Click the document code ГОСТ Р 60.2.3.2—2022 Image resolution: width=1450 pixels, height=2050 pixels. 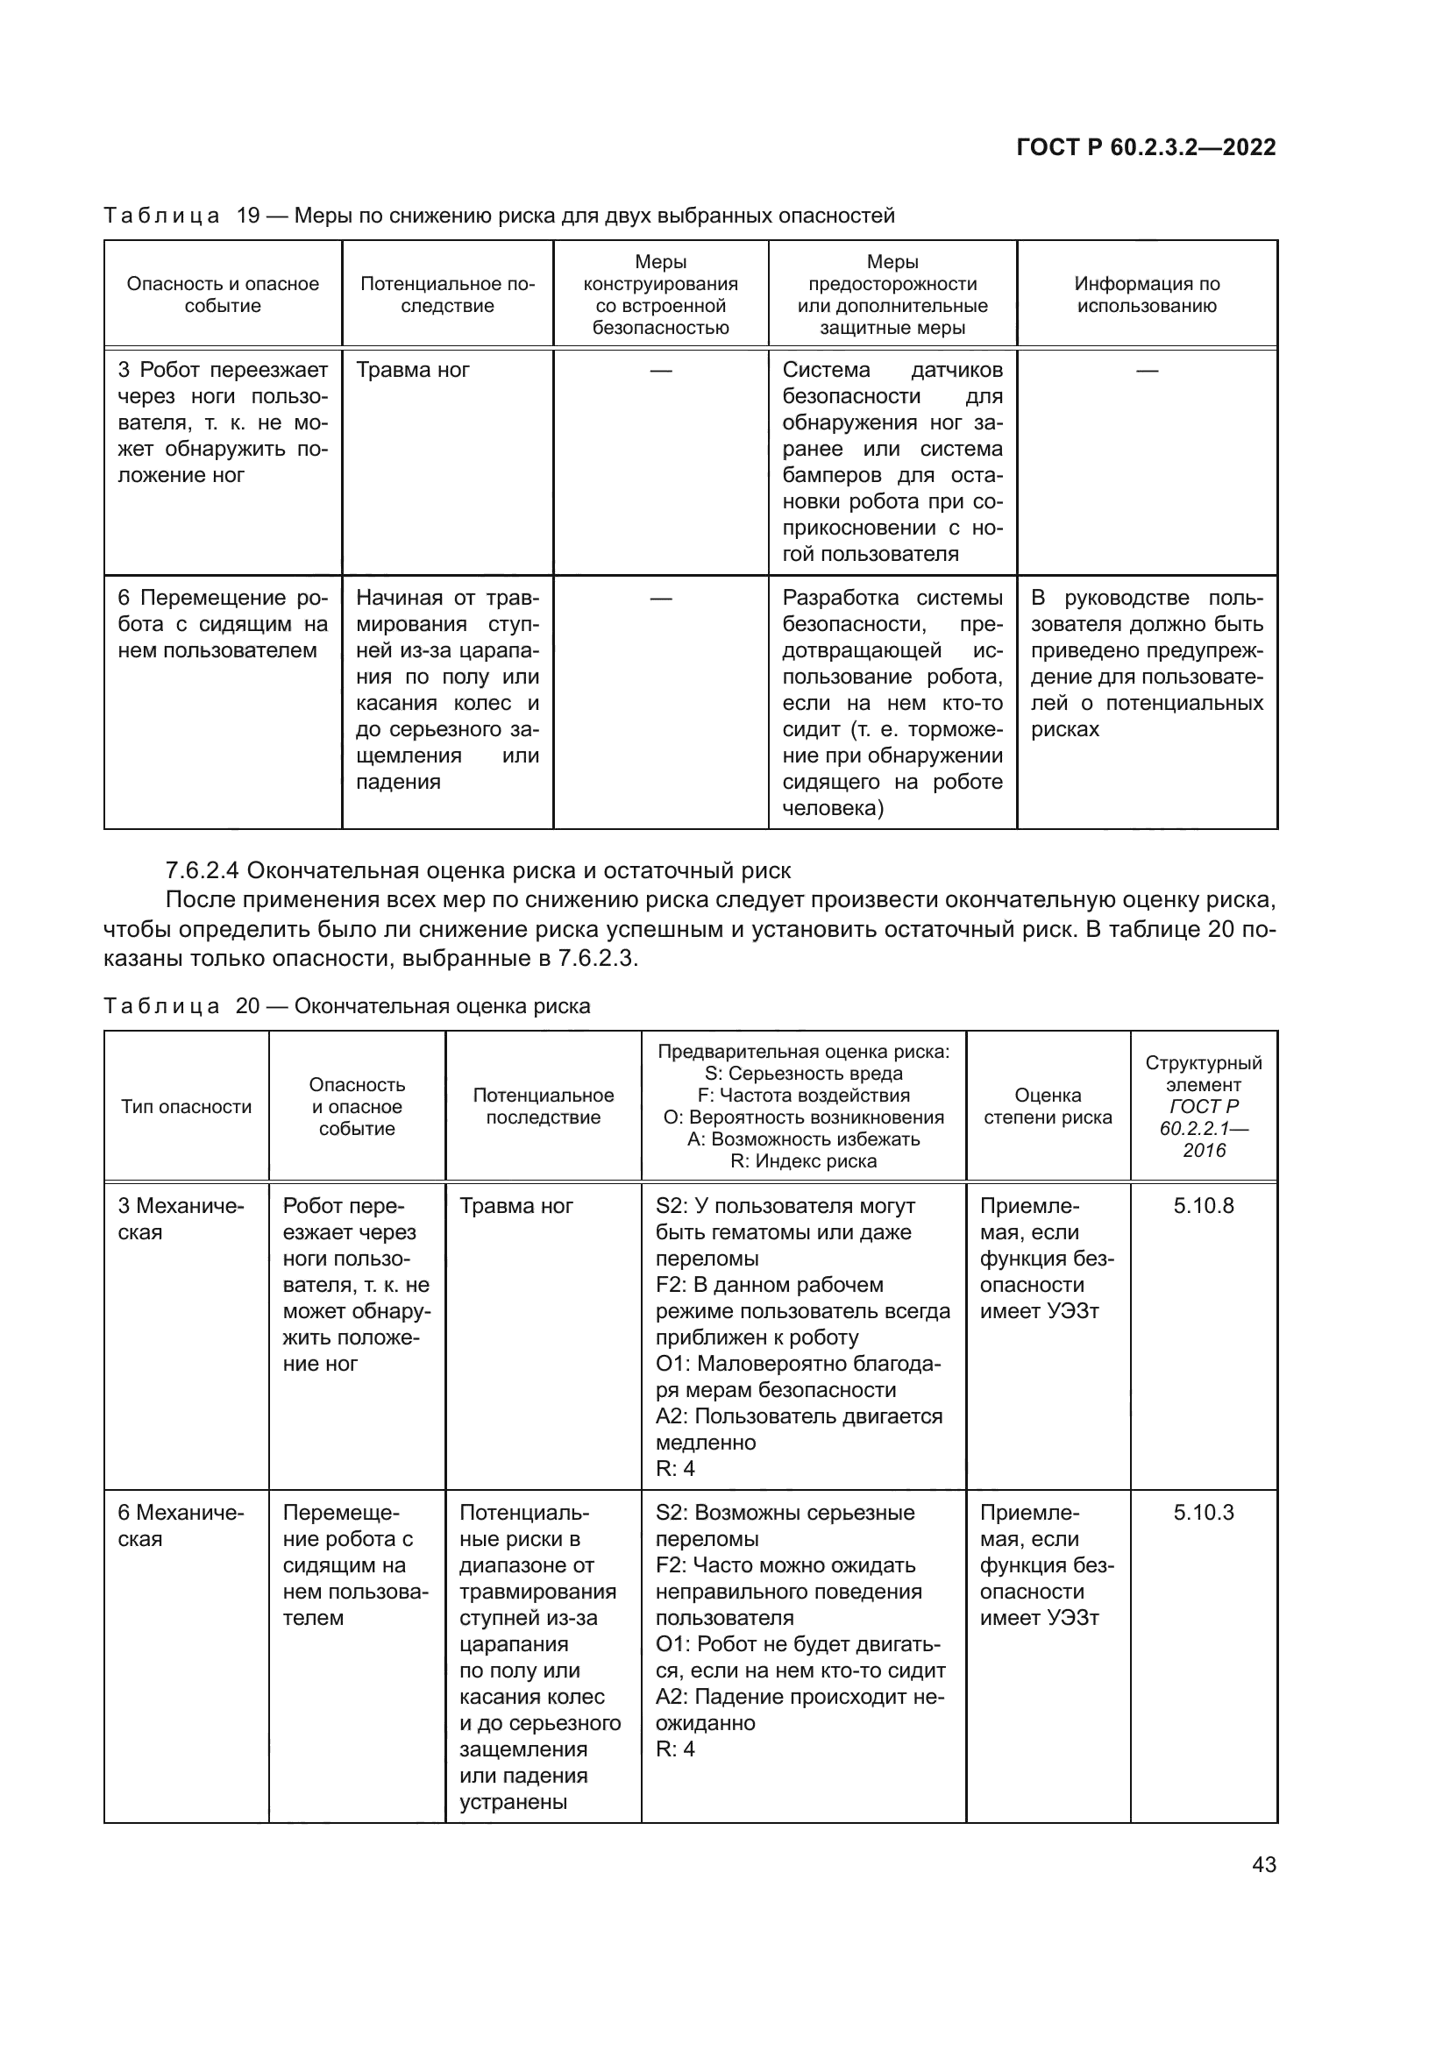click(1146, 147)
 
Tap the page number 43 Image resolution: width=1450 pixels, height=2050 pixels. click(1263, 1864)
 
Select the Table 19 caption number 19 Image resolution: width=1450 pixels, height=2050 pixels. click(247, 216)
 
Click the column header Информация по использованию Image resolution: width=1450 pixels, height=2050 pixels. click(1147, 294)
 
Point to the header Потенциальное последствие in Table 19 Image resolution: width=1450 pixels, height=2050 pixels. click(447, 294)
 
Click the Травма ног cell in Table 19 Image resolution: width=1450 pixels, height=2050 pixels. click(413, 371)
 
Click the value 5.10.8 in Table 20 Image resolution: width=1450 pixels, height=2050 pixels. click(1203, 1206)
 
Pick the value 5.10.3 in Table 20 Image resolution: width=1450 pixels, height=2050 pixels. click(1203, 1513)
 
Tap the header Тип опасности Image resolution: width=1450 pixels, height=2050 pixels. click(186, 1107)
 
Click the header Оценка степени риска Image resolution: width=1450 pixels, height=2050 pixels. click(1048, 1106)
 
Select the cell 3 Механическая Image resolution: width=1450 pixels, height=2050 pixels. click(181, 1219)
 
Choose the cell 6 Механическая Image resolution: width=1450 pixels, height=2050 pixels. click(181, 1526)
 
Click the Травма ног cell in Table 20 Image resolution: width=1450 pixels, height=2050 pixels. click(516, 1206)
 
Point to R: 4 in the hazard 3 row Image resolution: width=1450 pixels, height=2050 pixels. click(675, 1469)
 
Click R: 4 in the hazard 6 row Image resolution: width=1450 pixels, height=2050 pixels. click(675, 1749)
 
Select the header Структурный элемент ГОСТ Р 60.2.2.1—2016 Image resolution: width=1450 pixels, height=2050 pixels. click(1203, 1106)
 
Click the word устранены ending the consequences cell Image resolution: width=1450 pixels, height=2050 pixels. click(513, 1802)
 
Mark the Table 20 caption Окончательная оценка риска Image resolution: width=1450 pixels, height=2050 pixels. click(442, 1007)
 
